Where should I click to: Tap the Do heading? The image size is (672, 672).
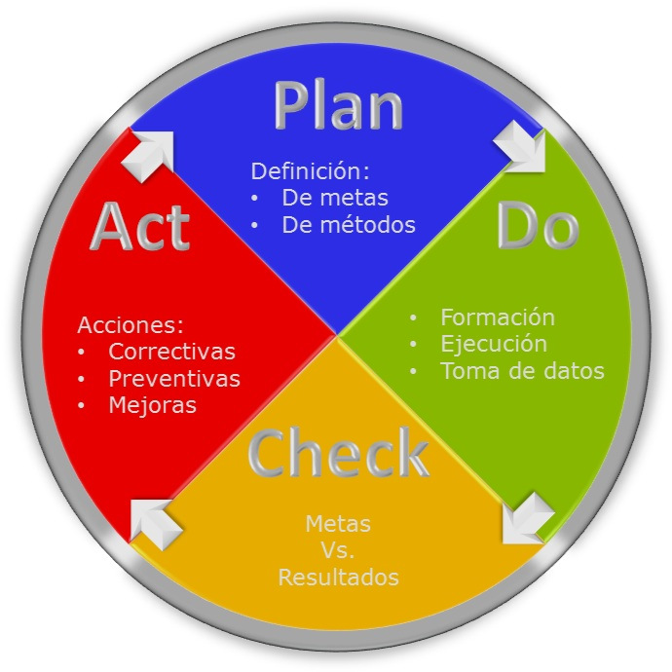coord(538,226)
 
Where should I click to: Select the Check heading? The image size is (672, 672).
coord(338,453)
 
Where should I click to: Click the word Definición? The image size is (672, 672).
coord(310,171)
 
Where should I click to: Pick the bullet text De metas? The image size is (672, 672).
coord(335,198)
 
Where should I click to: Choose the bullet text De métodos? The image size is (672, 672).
coord(349,225)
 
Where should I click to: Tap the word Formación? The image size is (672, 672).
coord(497,317)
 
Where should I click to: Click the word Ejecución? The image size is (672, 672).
coord(493,344)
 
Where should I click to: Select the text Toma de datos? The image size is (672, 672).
coord(522,371)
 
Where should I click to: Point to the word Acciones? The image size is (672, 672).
coord(131,324)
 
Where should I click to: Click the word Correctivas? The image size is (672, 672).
coord(171,351)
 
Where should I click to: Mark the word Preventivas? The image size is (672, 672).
coord(174,378)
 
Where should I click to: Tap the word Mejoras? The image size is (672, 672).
coord(152,404)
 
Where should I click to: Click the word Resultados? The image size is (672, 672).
coord(338,577)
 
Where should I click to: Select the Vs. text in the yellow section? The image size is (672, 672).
coord(338,550)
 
